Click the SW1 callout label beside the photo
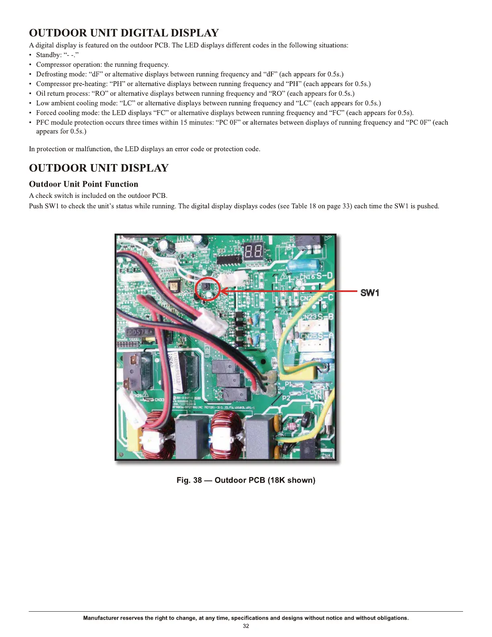[x=369, y=293]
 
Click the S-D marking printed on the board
[x=324, y=276]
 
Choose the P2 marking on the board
[x=286, y=398]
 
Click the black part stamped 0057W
[x=139, y=332]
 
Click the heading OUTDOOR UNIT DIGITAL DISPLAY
[x=124, y=33]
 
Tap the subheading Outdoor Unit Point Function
[x=84, y=184]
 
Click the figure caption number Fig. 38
[x=189, y=480]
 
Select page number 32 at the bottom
[x=246, y=626]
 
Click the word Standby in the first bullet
[x=48, y=55]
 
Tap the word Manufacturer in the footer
[x=100, y=618]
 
